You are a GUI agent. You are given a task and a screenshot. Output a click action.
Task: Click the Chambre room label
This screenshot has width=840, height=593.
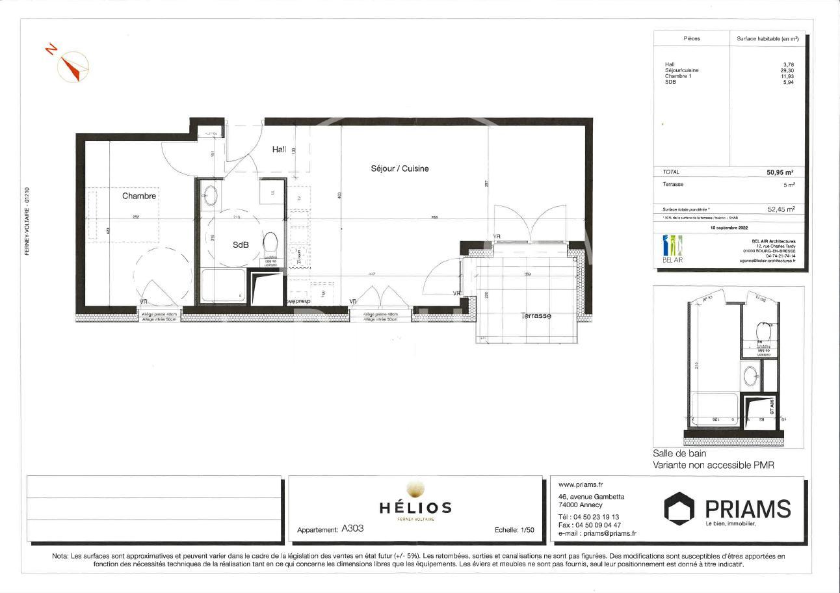pos(139,196)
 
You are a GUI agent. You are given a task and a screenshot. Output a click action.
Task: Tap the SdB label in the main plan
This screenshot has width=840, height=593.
pos(241,245)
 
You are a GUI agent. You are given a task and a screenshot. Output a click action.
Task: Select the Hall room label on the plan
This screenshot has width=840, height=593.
pos(279,150)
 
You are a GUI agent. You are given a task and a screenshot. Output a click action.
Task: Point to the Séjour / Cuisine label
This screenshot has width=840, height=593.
pos(399,168)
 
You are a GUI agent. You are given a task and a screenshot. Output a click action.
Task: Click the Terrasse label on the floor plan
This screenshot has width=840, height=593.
pos(536,316)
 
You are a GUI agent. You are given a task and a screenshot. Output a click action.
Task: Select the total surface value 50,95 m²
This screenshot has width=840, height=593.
pos(780,172)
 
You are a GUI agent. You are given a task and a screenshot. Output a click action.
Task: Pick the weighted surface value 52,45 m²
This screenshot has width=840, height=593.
pos(781,209)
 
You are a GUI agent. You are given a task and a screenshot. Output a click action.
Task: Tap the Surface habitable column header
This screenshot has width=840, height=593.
pos(767,39)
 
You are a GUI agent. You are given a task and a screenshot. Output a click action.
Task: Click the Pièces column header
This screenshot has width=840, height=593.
pos(692,39)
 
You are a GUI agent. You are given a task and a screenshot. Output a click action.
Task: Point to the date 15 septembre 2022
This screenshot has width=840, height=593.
pos(729,228)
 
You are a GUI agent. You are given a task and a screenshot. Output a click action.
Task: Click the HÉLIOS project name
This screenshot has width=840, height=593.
pos(415,507)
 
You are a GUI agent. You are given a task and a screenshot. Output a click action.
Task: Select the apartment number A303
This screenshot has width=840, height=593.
pos(352,529)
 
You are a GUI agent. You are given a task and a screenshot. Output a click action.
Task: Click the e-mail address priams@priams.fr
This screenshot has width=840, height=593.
pos(609,534)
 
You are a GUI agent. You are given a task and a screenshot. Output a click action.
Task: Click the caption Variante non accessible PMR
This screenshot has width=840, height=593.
pos(713,466)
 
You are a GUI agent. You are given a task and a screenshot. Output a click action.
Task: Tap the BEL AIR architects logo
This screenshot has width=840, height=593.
pos(672,248)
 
